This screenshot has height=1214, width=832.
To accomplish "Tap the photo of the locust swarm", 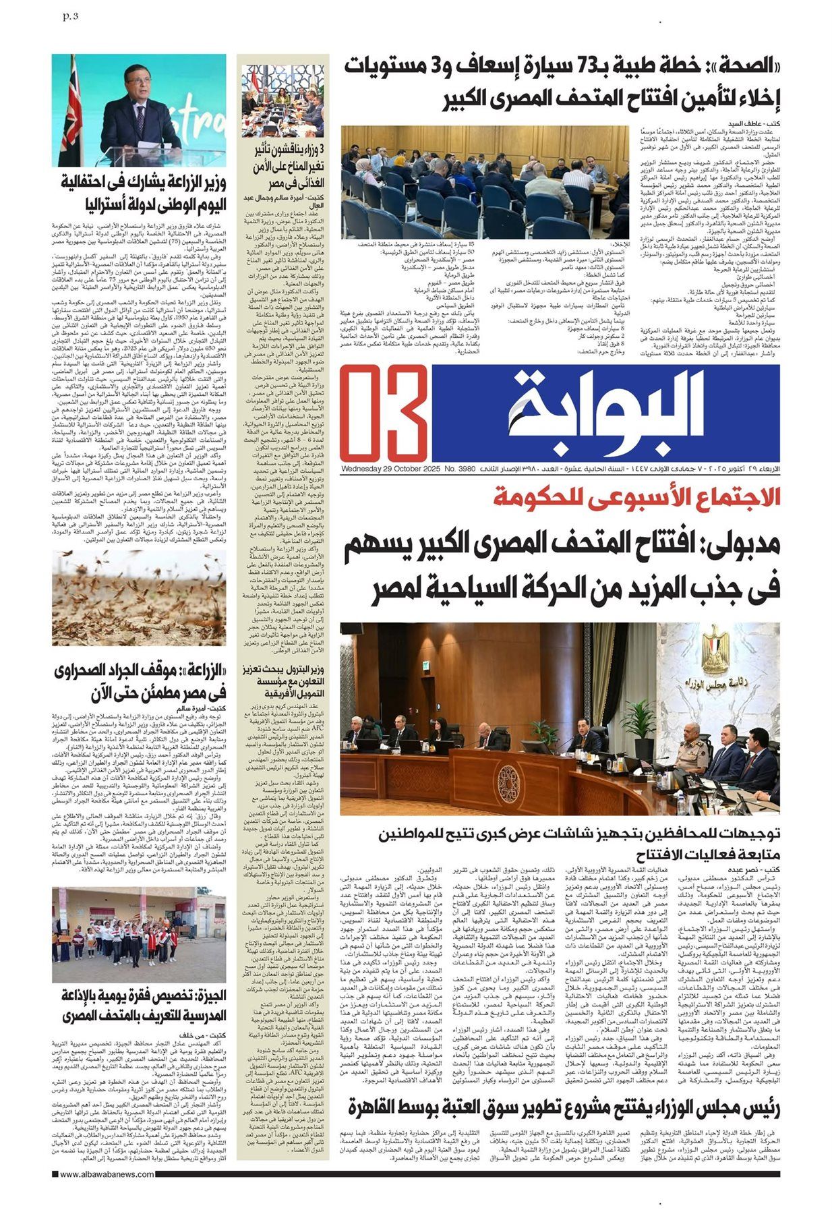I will pos(139,597).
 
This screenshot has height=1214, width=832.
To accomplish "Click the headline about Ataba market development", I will pos(565,1107).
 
